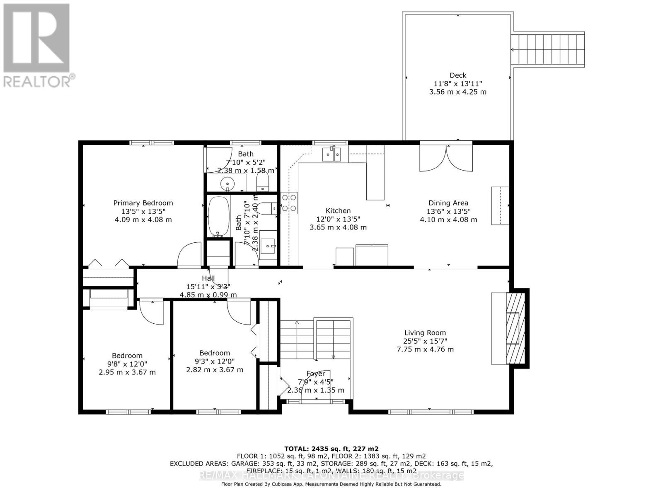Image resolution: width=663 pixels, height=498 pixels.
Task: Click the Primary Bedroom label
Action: [x=143, y=203]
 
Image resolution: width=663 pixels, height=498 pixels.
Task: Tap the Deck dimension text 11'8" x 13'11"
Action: [x=457, y=83]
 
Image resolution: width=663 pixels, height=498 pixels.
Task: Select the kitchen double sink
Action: [x=331, y=154]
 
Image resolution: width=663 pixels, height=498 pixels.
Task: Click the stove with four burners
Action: [x=289, y=203]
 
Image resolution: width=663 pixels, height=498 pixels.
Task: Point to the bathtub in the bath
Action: [x=218, y=217]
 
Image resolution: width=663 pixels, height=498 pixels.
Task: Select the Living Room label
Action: [x=425, y=332]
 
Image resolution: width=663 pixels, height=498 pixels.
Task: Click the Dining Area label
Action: [x=448, y=203]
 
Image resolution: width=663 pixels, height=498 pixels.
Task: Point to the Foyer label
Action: [x=315, y=373]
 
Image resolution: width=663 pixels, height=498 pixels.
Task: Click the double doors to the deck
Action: [x=446, y=158]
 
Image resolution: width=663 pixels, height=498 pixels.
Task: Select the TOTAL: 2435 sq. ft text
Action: [x=331, y=449]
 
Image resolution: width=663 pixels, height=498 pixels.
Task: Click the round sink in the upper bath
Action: [x=227, y=183]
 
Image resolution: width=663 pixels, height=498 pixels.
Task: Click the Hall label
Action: [x=208, y=278]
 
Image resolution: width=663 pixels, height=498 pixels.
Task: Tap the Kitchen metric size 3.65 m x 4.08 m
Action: [x=338, y=227]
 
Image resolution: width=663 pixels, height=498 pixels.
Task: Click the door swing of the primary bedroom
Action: [x=189, y=254]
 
